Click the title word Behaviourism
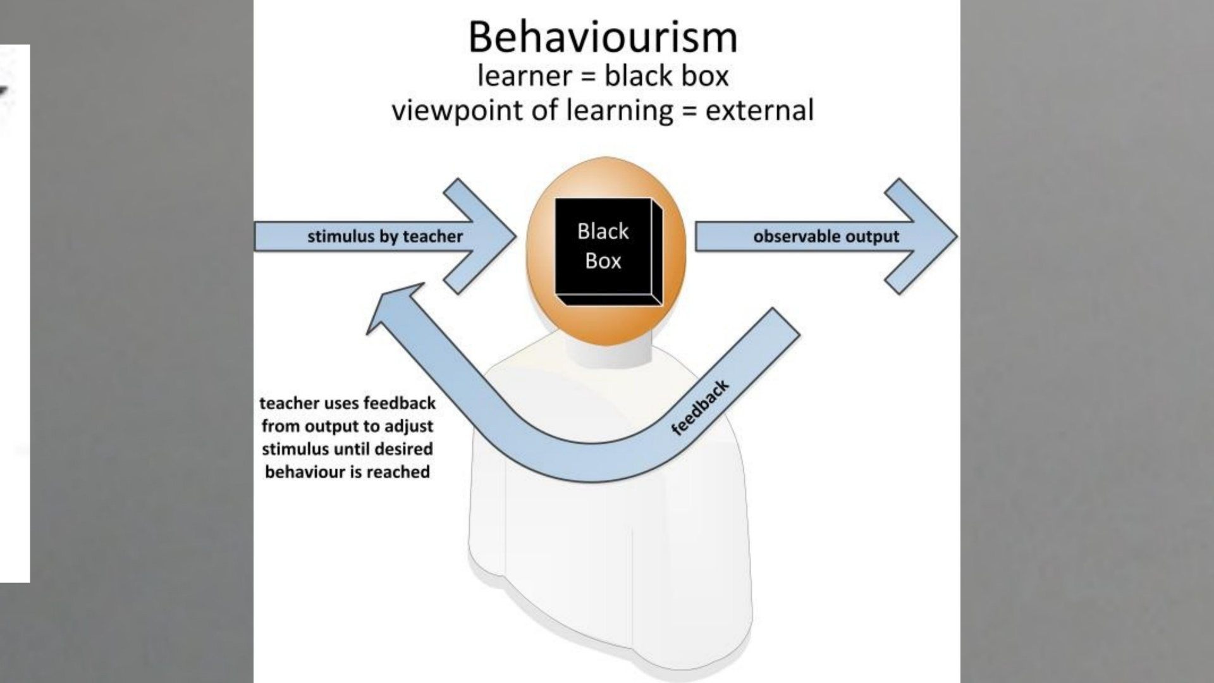pyautogui.click(x=603, y=38)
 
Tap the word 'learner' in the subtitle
pyautogui.click(x=524, y=76)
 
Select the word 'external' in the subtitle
pyautogui.click(x=759, y=111)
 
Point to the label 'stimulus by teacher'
pyautogui.click(x=385, y=237)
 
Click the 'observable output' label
pyautogui.click(x=826, y=237)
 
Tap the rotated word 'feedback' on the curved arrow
pyautogui.click(x=699, y=408)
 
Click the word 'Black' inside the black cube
pyautogui.click(x=603, y=231)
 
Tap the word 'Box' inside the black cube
pyautogui.click(x=603, y=261)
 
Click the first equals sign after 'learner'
pyautogui.click(x=588, y=77)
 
